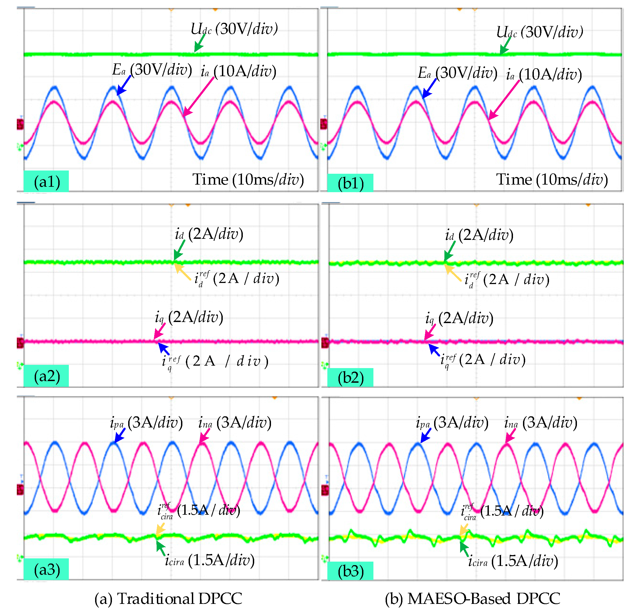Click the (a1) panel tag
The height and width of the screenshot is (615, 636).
(x=46, y=182)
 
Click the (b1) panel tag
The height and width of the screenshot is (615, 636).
(x=350, y=183)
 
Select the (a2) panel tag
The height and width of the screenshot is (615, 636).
(x=46, y=376)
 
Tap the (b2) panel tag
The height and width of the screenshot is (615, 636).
(x=350, y=378)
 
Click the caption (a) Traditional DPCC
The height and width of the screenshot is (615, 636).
(x=168, y=599)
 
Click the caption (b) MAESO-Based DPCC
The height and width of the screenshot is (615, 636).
(x=472, y=599)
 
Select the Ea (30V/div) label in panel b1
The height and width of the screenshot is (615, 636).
(x=457, y=73)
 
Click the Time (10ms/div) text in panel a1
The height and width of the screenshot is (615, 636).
(x=248, y=179)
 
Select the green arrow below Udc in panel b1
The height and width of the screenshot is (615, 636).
(x=505, y=46)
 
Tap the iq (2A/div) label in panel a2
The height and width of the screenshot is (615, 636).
(x=189, y=317)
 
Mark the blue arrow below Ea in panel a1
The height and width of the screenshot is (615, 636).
(x=124, y=85)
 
